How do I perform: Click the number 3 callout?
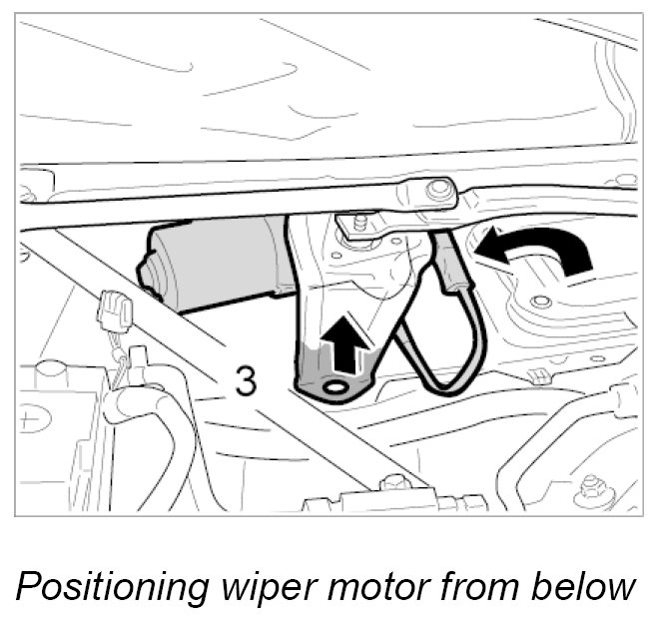[247, 381]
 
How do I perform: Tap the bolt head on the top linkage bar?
[435, 190]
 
